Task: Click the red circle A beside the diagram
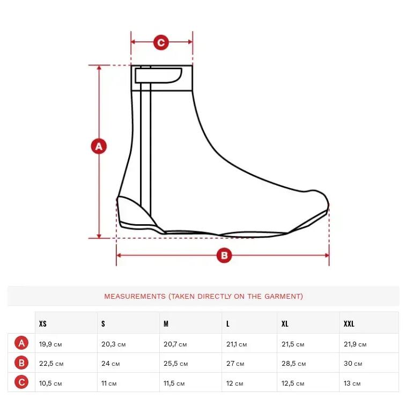[x=99, y=146]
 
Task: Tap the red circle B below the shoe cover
[x=224, y=255]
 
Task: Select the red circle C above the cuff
[x=161, y=42]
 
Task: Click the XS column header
[x=43, y=323]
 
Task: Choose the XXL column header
[x=349, y=323]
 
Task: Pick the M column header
[x=166, y=323]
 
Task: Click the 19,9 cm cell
[x=50, y=344]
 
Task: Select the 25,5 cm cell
[x=175, y=364]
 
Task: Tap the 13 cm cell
[x=352, y=383]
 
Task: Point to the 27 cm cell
[x=235, y=364]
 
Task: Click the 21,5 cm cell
[x=293, y=344]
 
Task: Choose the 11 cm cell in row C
[x=109, y=383]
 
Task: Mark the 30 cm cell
[x=353, y=364]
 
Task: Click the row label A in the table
[x=21, y=343]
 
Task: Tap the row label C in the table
[x=21, y=382]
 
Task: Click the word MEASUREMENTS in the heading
[x=135, y=296]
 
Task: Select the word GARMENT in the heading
[x=283, y=296]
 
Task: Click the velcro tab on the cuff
[x=158, y=75]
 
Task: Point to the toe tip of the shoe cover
[x=328, y=205]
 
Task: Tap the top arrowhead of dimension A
[x=99, y=68]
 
